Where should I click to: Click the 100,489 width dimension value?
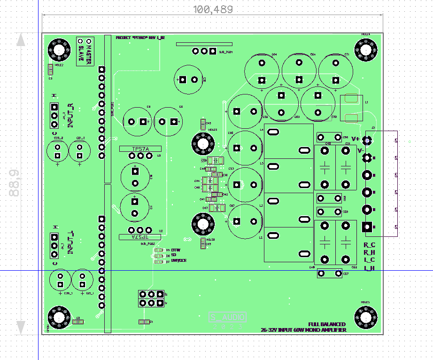[213, 9]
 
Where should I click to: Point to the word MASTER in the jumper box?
[88, 50]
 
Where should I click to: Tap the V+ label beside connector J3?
[355, 139]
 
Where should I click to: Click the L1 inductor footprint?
[351, 108]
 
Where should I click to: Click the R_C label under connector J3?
[370, 245]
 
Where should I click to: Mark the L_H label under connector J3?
[370, 268]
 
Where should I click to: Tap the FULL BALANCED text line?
[327, 324]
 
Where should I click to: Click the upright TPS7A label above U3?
[140, 149]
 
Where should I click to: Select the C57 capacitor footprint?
[329, 273]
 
